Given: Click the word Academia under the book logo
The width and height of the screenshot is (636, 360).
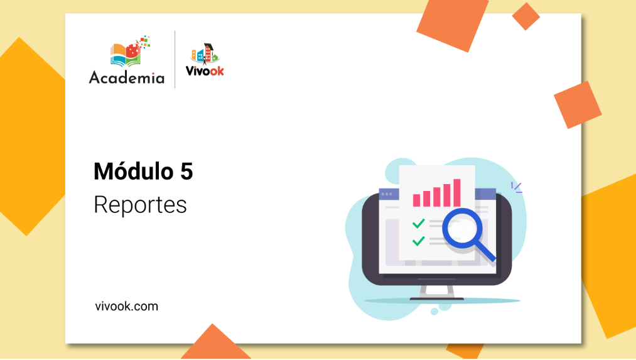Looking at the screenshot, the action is (127, 77).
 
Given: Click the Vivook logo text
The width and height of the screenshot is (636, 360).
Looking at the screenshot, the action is (205, 70).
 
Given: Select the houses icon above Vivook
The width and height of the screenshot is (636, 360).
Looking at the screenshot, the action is (205, 53).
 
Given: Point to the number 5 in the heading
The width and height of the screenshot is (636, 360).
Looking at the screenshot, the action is (186, 172).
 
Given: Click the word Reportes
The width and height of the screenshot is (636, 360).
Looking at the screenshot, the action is (141, 205).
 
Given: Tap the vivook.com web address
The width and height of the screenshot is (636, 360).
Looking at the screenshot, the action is (127, 306).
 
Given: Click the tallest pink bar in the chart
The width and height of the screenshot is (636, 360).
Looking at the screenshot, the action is (456, 193).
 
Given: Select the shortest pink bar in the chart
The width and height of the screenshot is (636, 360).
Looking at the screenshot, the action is (416, 200).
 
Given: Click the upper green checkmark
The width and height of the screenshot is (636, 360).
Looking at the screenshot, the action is (418, 224).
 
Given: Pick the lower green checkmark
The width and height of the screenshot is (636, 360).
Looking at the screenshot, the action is (418, 241).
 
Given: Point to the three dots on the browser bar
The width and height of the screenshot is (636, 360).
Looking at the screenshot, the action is (387, 194).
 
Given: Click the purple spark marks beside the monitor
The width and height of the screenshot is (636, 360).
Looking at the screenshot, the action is (516, 187).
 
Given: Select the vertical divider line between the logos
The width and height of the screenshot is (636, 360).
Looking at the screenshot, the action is (175, 59).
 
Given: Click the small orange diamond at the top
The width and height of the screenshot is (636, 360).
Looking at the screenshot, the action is (526, 16).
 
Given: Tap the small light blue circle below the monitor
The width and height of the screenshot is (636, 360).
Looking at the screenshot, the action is (434, 311).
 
